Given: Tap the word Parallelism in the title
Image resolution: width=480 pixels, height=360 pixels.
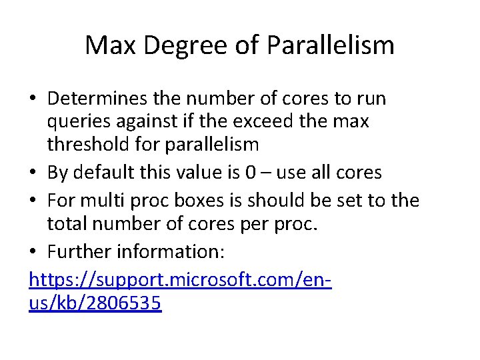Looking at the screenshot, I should tap(331, 45).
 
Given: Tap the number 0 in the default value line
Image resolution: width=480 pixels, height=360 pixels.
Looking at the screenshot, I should tap(251, 173).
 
